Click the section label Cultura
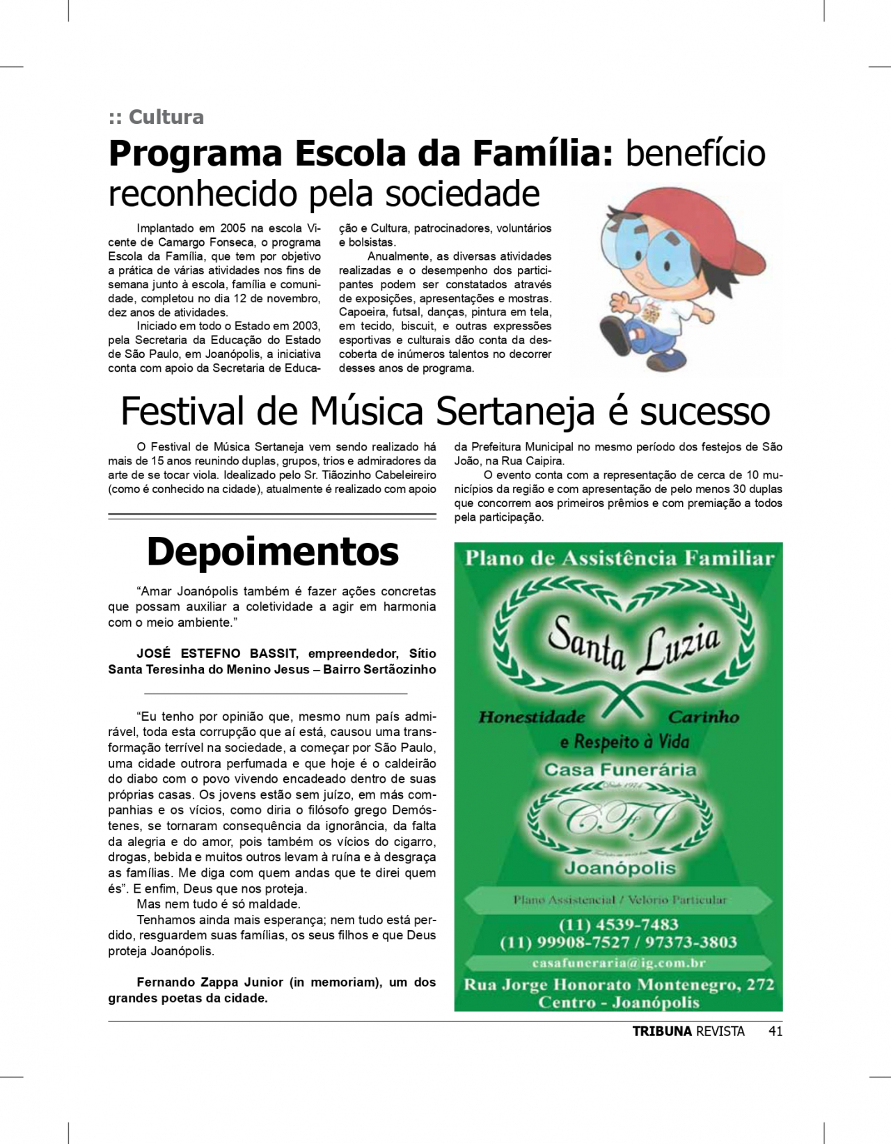click(166, 117)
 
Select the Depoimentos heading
click(272, 551)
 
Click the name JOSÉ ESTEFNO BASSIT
click(217, 654)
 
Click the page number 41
click(775, 1031)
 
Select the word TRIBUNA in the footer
click(662, 1031)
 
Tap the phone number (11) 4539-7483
click(618, 925)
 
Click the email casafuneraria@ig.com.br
click(618, 963)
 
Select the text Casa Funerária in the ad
click(620, 769)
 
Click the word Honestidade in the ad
click(532, 717)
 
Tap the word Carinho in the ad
click(703, 717)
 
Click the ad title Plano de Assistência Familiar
click(619, 558)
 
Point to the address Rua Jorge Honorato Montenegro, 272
click(618, 985)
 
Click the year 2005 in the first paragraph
click(232, 228)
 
